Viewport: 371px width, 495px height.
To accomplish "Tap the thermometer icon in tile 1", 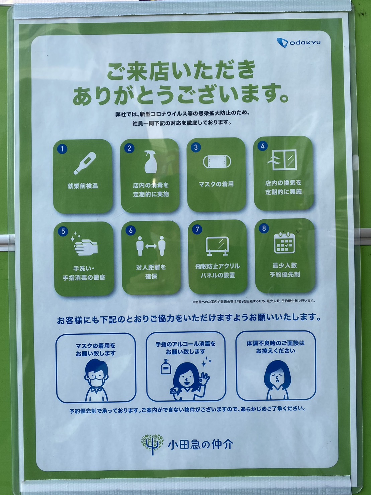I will [85, 163].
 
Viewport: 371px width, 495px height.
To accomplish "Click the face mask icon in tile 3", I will [217, 162].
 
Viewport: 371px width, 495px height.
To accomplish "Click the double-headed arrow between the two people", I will [151, 246].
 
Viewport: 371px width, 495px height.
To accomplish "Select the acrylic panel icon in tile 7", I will [217, 246].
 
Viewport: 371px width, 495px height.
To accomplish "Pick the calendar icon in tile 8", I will [284, 243].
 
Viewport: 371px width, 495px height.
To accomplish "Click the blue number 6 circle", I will [131, 230].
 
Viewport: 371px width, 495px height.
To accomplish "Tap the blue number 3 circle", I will [196, 147].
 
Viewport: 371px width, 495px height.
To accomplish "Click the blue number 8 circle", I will [264, 228].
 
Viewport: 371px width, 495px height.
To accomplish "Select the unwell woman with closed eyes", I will [277, 380].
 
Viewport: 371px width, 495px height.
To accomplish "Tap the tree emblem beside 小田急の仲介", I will [152, 444].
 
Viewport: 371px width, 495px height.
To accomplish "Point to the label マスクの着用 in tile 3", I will [216, 184].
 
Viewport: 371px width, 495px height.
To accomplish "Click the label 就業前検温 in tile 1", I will [83, 186].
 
